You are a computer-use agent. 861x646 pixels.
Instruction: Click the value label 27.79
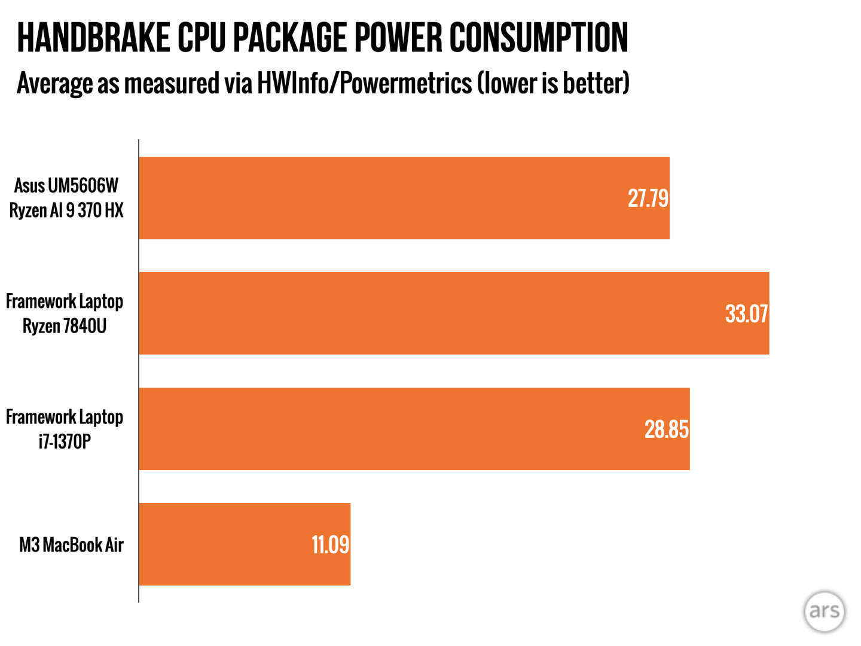(648, 199)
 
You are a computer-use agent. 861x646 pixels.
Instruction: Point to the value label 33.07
(746, 314)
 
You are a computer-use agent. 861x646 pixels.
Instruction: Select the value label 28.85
(666, 429)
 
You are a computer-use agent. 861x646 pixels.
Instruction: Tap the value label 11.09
(330, 545)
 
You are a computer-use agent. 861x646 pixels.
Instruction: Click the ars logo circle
(825, 611)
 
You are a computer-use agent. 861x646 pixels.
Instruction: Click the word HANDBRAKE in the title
(93, 38)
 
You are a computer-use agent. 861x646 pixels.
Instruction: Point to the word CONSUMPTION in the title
(539, 38)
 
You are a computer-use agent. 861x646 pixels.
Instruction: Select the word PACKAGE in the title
(290, 38)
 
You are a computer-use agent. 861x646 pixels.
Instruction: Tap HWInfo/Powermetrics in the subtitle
(364, 83)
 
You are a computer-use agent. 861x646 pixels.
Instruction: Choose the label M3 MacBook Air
(71, 545)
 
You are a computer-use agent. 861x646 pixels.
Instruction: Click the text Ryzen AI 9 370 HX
(66, 211)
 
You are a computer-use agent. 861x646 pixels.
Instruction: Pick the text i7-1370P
(65, 442)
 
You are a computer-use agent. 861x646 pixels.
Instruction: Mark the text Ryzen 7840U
(65, 327)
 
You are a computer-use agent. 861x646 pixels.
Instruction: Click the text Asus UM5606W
(66, 185)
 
